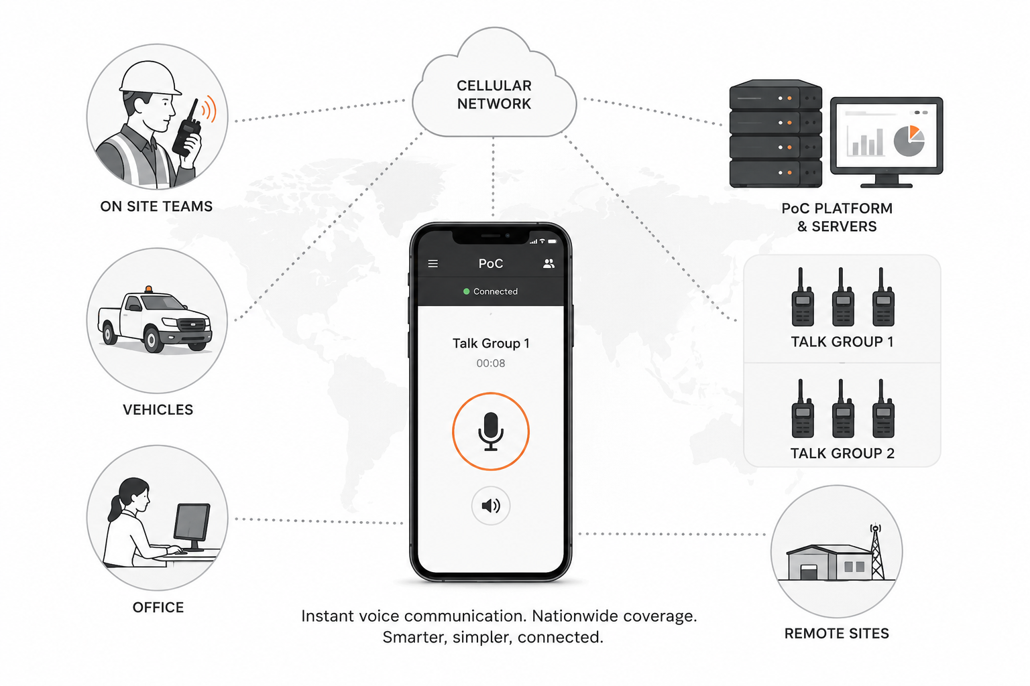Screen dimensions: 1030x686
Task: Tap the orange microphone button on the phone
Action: (491, 431)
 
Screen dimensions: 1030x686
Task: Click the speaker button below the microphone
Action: (491, 505)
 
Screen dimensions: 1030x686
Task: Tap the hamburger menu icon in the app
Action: (433, 264)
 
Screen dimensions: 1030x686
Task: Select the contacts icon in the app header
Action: (549, 263)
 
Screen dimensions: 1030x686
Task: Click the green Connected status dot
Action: (466, 291)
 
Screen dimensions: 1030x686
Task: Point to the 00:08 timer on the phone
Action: (491, 364)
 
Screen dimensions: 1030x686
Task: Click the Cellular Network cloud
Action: (494, 87)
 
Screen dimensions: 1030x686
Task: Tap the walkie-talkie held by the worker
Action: (187, 131)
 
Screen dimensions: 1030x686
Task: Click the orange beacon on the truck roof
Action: (148, 289)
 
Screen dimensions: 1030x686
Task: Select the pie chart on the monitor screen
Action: (909, 140)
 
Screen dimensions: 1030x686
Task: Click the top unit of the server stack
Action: (775, 95)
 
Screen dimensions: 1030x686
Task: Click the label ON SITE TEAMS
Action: (156, 206)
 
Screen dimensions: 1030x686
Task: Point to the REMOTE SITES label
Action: (836, 634)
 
